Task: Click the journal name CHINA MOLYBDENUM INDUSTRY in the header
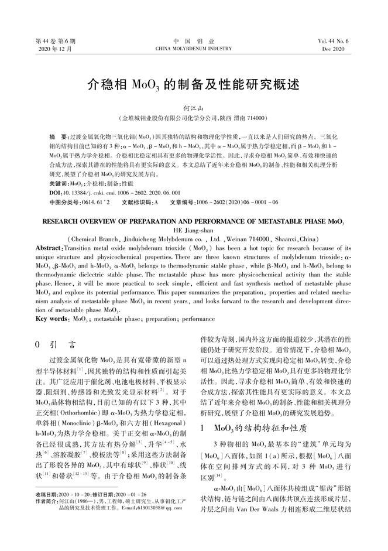coord(194,49)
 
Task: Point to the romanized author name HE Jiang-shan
coord(193,230)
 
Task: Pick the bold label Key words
coord(50,319)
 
